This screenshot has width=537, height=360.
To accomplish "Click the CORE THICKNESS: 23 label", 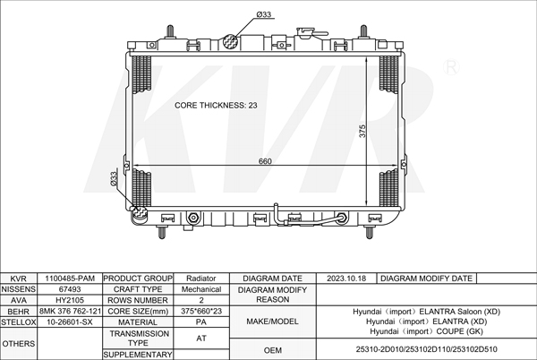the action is click(216, 105).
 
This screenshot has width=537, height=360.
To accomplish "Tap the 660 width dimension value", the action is click(265, 161).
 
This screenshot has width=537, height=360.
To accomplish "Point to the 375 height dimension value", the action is click(362, 131).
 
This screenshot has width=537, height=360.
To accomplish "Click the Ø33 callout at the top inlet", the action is click(264, 14).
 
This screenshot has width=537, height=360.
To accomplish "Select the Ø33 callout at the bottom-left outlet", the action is click(114, 179).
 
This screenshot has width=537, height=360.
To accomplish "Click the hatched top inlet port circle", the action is click(231, 41).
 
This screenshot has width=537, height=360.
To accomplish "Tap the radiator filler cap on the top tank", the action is click(305, 33).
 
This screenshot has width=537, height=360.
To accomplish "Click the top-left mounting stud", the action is click(170, 31).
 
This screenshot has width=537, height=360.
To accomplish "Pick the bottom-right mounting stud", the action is click(369, 232).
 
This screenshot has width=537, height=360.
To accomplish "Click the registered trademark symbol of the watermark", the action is click(451, 67).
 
